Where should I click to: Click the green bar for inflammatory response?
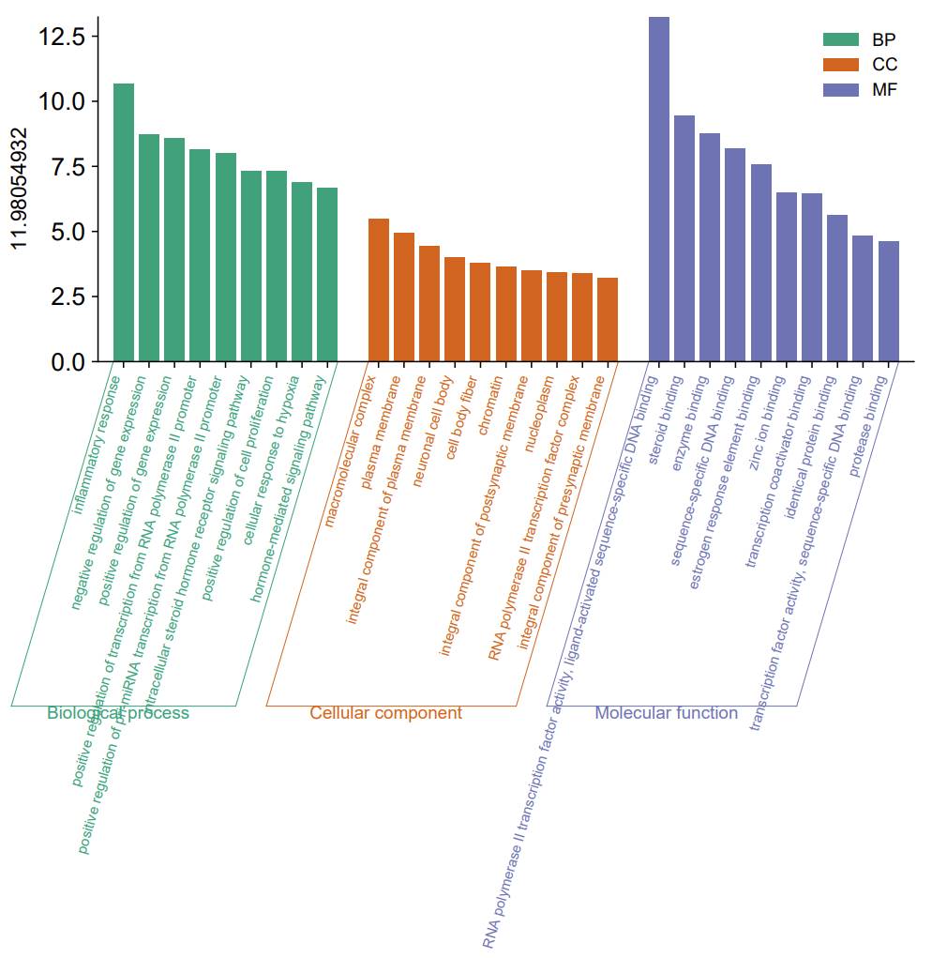pyautogui.click(x=124, y=222)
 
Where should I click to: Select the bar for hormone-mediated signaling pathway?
pyautogui.click(x=327, y=274)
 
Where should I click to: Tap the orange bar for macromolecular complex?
pyautogui.click(x=379, y=290)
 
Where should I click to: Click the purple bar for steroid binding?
pyautogui.click(x=684, y=238)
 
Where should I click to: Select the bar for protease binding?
pyautogui.click(x=889, y=301)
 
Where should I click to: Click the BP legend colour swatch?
pyautogui.click(x=840, y=39)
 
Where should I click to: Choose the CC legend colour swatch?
pyautogui.click(x=840, y=65)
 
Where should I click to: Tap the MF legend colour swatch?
pyautogui.click(x=840, y=90)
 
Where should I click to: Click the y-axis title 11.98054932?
pyautogui.click(x=22, y=188)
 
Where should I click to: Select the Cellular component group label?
pyautogui.click(x=385, y=713)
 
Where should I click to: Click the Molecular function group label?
pyautogui.click(x=666, y=713)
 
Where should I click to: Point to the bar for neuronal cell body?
pyautogui.click(x=455, y=309)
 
